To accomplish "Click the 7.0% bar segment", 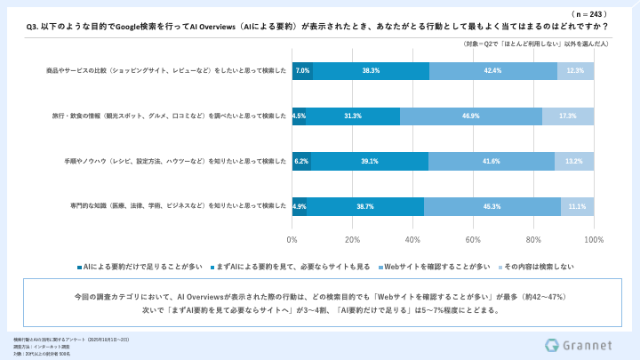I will (x=302, y=71).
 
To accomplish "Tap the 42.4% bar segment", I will (x=493, y=71).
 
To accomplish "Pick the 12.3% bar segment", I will (x=575, y=71).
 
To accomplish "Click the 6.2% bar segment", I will (x=301, y=162).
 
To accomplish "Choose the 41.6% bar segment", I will (x=492, y=162).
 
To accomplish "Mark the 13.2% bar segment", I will (x=574, y=162).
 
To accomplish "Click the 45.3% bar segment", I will (x=492, y=206).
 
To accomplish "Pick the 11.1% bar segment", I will (x=578, y=206).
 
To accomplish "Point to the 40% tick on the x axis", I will (x=413, y=240).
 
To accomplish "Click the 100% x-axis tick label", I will (x=594, y=240).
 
